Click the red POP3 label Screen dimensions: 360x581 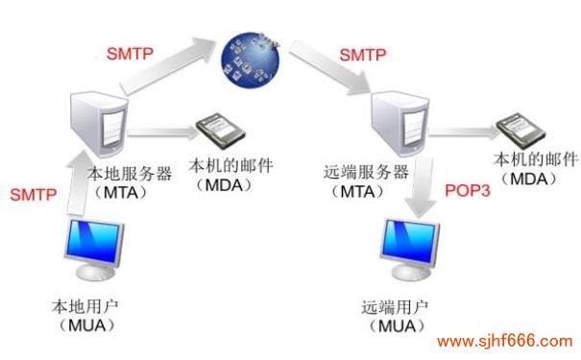(468, 190)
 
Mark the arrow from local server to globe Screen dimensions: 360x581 (168, 66)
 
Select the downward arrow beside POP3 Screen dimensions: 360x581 (420, 197)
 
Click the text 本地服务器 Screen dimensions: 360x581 (130, 175)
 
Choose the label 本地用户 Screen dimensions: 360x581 (85, 309)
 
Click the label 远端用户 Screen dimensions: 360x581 (396, 309)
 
